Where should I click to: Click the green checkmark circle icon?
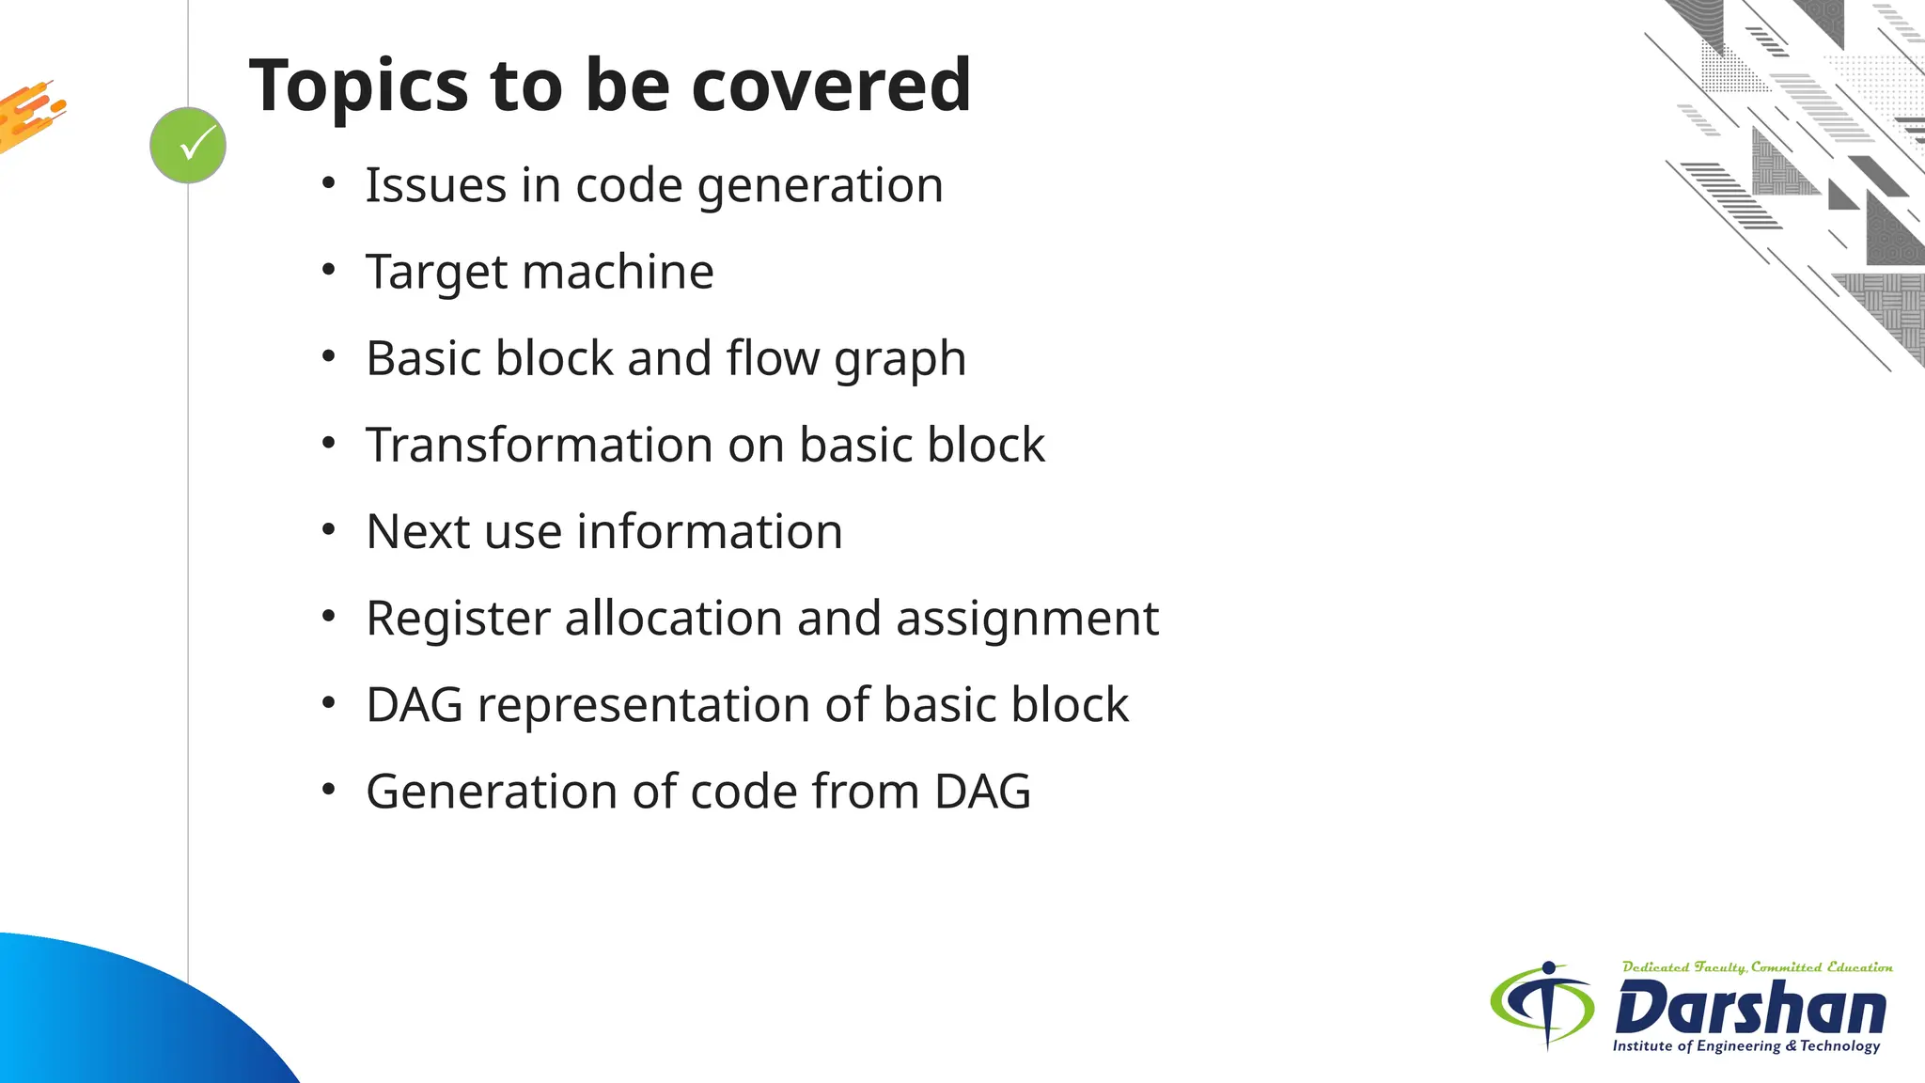[x=188, y=146]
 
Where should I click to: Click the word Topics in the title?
[x=358, y=86]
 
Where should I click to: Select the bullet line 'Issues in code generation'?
[x=654, y=185]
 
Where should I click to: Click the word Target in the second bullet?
[x=436, y=273]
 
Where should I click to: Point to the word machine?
[x=618, y=272]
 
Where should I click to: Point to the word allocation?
[x=673, y=619]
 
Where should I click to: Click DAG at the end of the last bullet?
[x=982, y=792]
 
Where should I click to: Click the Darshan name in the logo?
[x=1750, y=1008]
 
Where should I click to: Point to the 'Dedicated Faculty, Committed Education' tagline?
[x=1757, y=967]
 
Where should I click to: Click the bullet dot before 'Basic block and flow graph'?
[x=328, y=357]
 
